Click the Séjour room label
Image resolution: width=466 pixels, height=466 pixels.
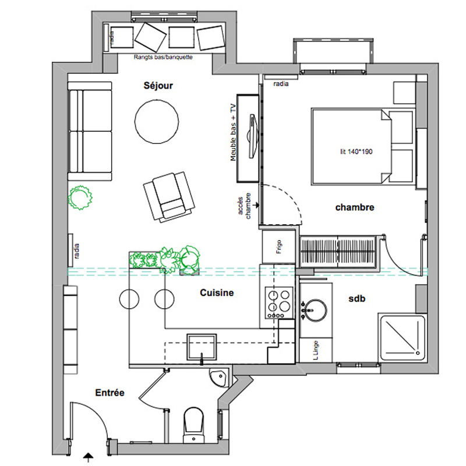(x=159, y=86)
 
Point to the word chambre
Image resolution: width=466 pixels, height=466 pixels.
(x=354, y=207)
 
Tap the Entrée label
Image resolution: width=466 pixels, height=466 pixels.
(x=110, y=393)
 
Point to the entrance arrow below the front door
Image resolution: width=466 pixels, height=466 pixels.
(x=88, y=457)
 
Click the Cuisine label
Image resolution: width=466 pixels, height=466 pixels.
(x=216, y=294)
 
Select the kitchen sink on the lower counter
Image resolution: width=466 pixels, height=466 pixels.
(x=202, y=347)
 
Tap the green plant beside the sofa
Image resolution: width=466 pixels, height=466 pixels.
(x=80, y=196)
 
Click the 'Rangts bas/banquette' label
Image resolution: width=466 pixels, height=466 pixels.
(x=163, y=57)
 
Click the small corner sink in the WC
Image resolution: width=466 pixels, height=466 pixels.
(x=217, y=377)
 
